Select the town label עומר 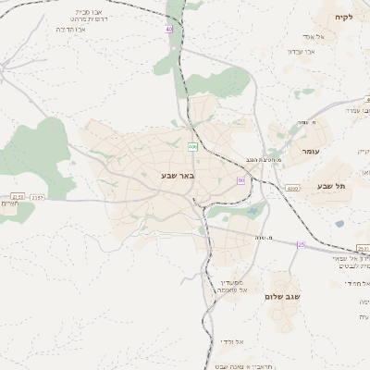pos(309,150)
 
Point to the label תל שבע pos(331,186)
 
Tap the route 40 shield pos(169,30)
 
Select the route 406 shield pos(192,146)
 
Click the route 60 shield pos(240,180)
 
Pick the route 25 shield pos(301,244)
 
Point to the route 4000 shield pos(292,188)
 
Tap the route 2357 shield pos(37,196)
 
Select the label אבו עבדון pos(302,52)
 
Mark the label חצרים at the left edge pos(8,206)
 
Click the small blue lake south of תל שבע pos(339,223)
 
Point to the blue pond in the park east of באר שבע pos(252,211)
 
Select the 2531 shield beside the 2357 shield pos(18,196)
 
